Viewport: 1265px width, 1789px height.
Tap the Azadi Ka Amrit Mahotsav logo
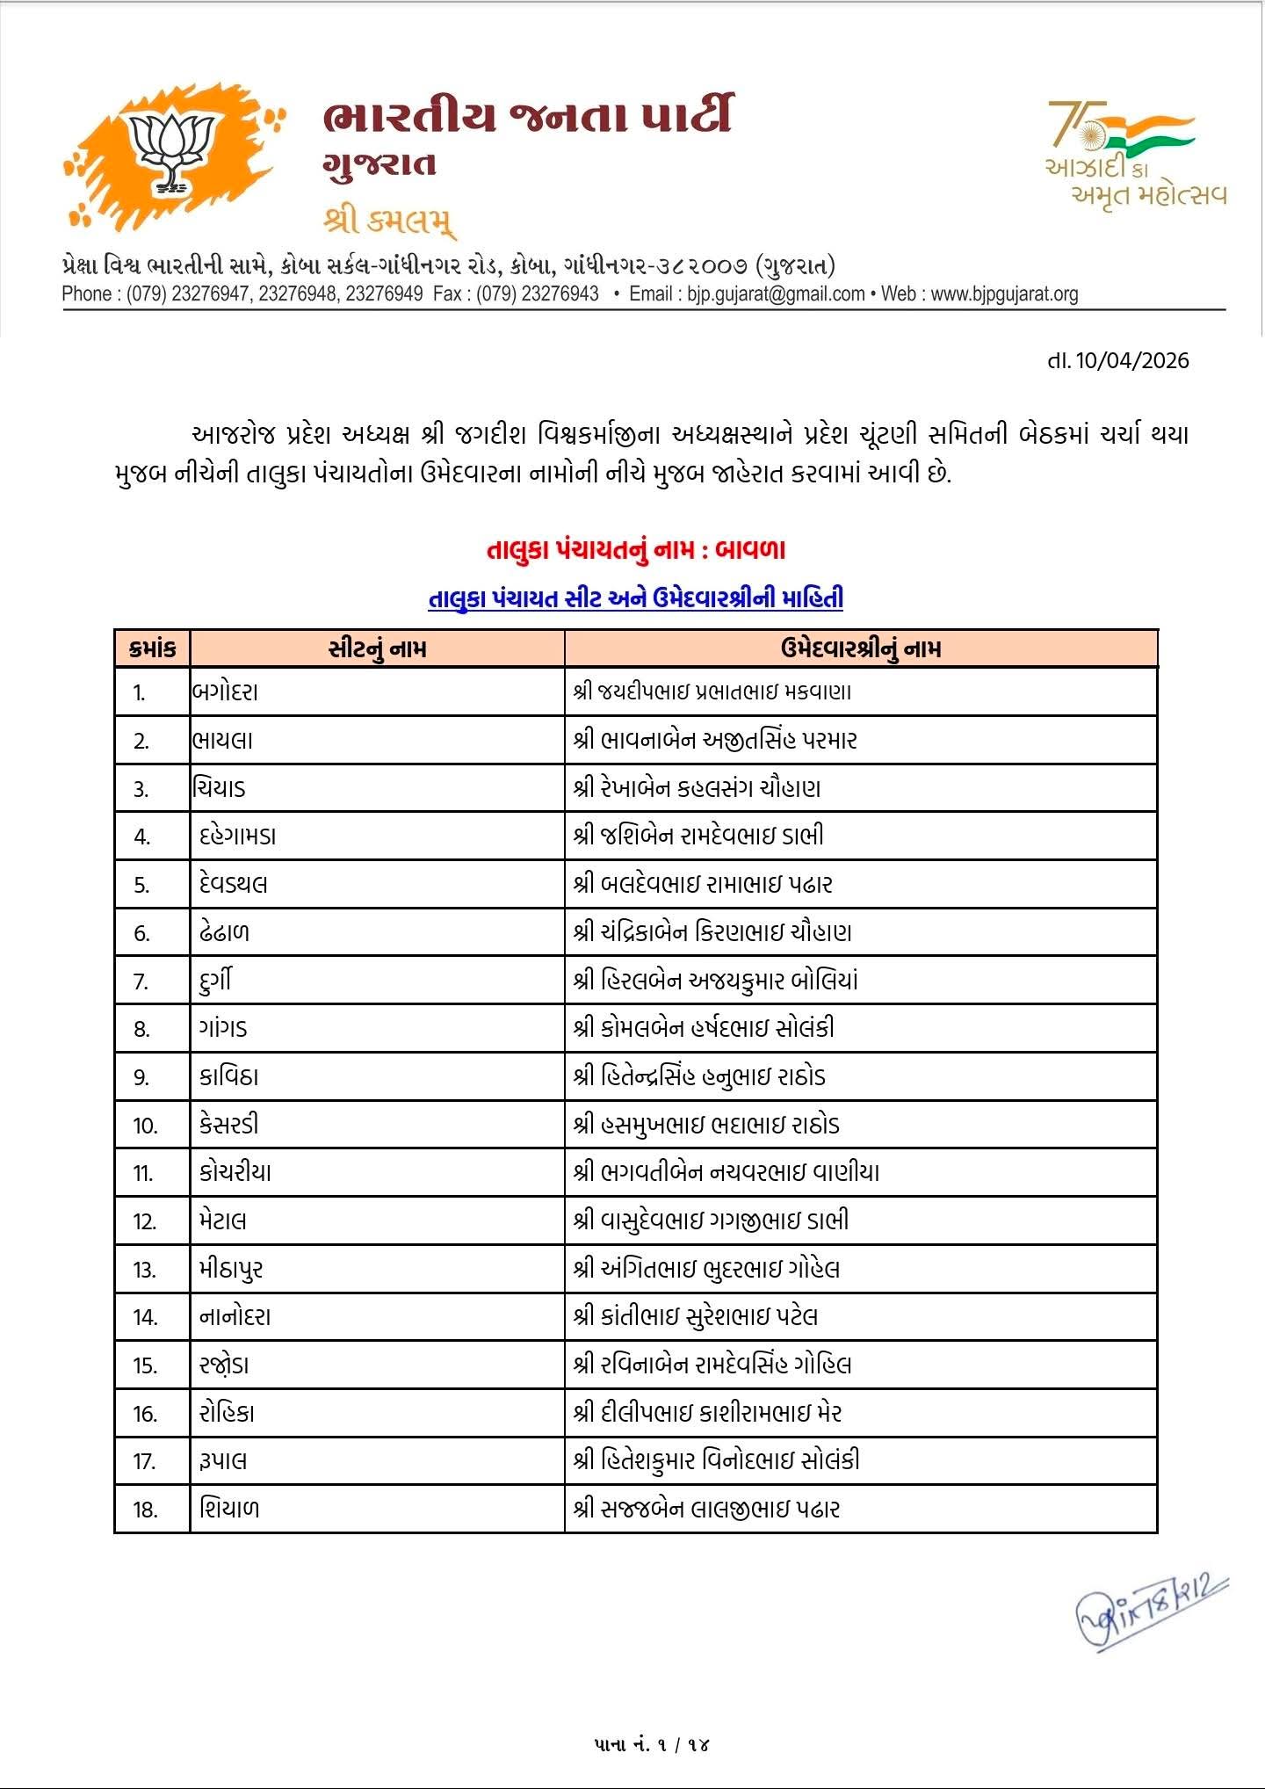(x=1134, y=153)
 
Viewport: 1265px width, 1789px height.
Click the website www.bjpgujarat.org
(x=1004, y=294)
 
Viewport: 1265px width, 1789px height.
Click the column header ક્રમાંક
(x=152, y=649)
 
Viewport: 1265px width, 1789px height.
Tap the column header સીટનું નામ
(x=377, y=649)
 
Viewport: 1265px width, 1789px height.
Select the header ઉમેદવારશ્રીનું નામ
(x=860, y=649)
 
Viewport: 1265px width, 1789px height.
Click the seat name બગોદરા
(x=225, y=692)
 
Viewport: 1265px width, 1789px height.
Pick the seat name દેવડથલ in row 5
(x=233, y=884)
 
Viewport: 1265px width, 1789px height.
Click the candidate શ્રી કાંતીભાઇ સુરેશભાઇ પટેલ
(x=695, y=1316)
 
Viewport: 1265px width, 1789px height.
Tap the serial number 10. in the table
(x=145, y=1126)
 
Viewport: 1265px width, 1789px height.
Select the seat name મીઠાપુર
(x=231, y=1269)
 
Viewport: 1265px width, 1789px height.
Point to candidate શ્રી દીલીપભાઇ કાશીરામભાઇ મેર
(x=707, y=1413)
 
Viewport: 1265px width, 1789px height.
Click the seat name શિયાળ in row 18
(x=229, y=1509)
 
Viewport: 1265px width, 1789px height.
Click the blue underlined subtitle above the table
(x=635, y=599)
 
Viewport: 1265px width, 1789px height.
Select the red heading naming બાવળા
(x=635, y=551)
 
